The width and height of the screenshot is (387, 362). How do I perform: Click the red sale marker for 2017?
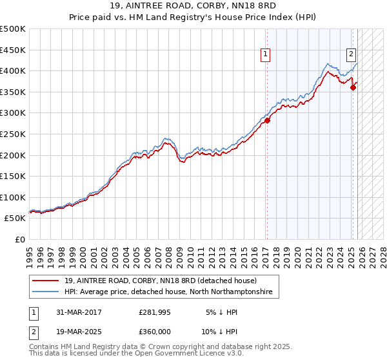(267, 120)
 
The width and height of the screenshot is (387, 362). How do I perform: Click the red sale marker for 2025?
(353, 87)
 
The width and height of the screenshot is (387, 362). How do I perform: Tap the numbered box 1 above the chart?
(265, 55)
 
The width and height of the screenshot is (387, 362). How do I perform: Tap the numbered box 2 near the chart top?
(351, 55)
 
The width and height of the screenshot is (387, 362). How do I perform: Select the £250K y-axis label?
(13, 134)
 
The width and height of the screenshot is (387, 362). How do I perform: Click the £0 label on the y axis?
(21, 239)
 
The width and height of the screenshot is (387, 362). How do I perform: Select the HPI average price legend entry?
(168, 292)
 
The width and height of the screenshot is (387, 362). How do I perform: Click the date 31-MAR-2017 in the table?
(78, 312)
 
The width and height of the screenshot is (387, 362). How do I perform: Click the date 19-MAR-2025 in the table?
(78, 332)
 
